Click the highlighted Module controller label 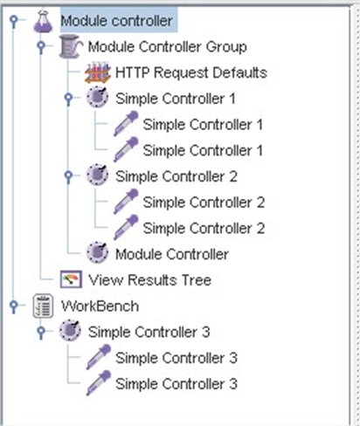(117, 21)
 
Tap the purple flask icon (43, 21)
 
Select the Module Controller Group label (168, 47)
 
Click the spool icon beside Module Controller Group (70, 46)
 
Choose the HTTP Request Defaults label (191, 72)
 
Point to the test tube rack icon (98, 72)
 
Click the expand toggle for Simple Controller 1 (69, 98)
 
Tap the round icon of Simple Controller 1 (98, 98)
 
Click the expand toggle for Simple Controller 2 (69, 175)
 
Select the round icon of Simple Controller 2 (98, 175)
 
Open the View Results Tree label (150, 280)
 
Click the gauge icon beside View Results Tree (71, 279)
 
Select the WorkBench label (100, 306)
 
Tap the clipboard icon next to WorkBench (43, 306)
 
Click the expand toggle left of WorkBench (14, 306)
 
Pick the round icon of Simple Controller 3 (70, 331)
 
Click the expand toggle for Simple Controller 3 (41, 332)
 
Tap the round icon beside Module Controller (98, 253)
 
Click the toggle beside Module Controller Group (41, 46)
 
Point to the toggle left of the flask (14, 21)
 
